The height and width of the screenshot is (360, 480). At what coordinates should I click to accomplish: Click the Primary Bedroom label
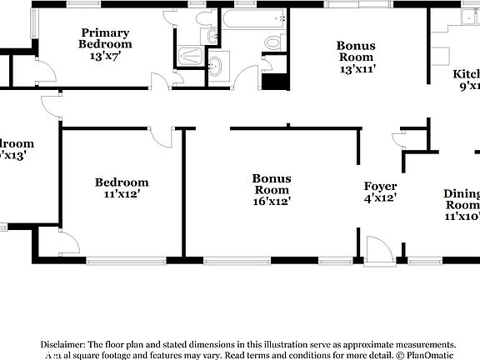click(x=105, y=38)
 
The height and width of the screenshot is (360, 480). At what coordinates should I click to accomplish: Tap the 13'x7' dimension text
click(x=105, y=56)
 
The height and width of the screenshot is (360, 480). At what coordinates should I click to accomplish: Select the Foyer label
click(x=380, y=186)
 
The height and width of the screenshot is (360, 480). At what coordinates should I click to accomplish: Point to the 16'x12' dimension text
click(x=272, y=200)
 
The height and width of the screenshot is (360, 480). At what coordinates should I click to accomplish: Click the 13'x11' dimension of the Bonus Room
click(x=356, y=70)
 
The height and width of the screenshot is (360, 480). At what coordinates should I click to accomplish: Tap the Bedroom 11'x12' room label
click(x=122, y=182)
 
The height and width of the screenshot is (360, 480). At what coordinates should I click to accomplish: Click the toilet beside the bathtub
click(x=272, y=42)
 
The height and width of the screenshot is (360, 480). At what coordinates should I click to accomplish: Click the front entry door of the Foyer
click(x=377, y=249)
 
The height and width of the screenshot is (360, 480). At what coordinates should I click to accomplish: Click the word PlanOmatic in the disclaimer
click(x=428, y=354)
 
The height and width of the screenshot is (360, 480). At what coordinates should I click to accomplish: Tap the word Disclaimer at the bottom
click(x=61, y=344)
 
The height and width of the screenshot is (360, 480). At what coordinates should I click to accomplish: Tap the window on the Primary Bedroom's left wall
click(x=34, y=23)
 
